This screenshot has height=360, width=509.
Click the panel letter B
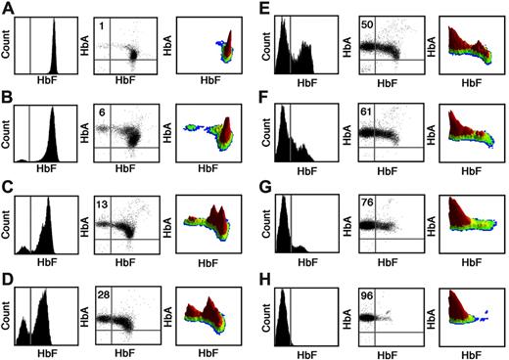pyautogui.click(x=8, y=98)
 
